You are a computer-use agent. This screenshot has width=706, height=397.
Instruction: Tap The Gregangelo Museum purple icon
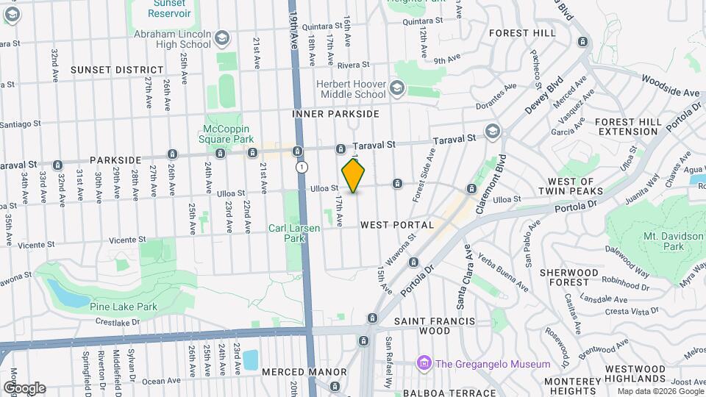pyautogui.click(x=423, y=364)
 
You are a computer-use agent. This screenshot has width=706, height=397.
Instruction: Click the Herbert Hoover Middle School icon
pyautogui.click(x=397, y=89)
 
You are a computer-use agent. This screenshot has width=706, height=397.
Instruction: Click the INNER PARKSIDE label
pyautogui.click(x=335, y=114)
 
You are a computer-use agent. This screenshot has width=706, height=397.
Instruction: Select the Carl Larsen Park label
pyautogui.click(x=294, y=233)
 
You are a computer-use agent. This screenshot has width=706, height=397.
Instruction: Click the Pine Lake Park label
pyautogui.click(x=124, y=306)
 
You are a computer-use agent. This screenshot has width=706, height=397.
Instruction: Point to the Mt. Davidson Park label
pyautogui.click(x=674, y=241)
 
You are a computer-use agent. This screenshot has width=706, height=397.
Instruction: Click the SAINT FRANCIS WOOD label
pyautogui.click(x=432, y=326)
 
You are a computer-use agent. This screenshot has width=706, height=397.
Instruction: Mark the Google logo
pyautogui.click(x=24, y=387)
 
